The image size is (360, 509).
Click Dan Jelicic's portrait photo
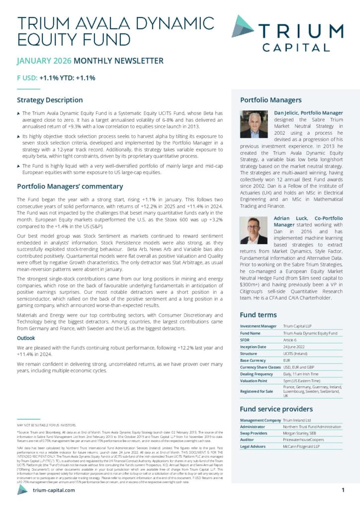[254, 124]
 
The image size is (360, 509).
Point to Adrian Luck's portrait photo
[254, 230]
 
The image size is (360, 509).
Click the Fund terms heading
[258, 315]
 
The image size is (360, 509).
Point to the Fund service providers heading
[276, 409]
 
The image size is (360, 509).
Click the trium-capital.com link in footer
[54, 490]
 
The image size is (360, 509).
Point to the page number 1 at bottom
[343, 490]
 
